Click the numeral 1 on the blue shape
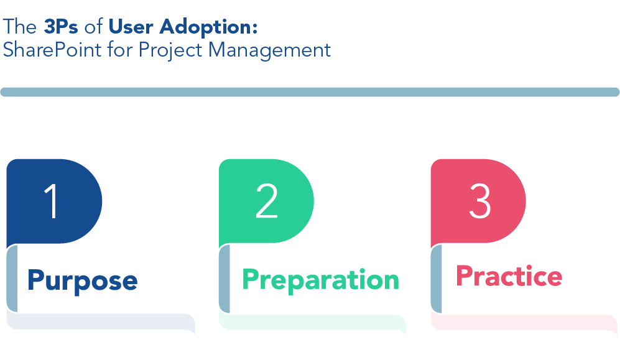click(52, 201)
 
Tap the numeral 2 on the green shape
click(267, 201)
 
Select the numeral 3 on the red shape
click(480, 201)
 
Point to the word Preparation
click(321, 280)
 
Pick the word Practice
click(509, 276)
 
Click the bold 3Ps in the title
click(61, 27)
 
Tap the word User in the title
click(131, 27)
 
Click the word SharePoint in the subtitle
click(52, 50)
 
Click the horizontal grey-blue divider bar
click(310, 92)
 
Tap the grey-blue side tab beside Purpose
click(12, 279)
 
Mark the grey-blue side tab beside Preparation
click(224, 279)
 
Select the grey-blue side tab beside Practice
click(437, 279)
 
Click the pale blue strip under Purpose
click(101, 321)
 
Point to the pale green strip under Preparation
click(312, 323)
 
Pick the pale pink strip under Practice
click(524, 323)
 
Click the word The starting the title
click(20, 27)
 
